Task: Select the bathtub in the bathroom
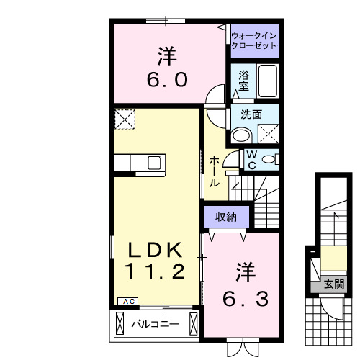(x=267, y=80)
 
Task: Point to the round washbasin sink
(x=241, y=134)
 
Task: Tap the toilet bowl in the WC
(x=269, y=159)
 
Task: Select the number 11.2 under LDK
(x=158, y=272)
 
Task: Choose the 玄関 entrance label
(x=333, y=284)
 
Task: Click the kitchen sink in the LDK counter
(x=156, y=163)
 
